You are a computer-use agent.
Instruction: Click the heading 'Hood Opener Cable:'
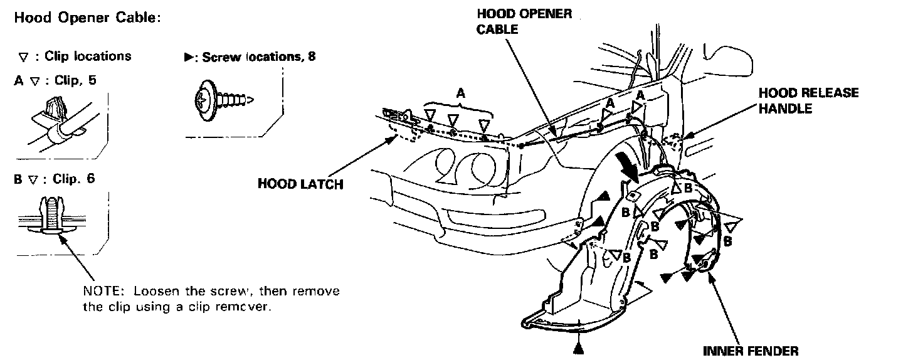pos(87,18)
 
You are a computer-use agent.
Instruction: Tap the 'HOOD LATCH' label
pos(300,184)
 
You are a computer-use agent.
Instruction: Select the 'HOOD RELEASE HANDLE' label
pos(808,100)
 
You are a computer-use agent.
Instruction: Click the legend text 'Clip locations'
pos(88,56)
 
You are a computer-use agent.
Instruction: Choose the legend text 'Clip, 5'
pos(75,81)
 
